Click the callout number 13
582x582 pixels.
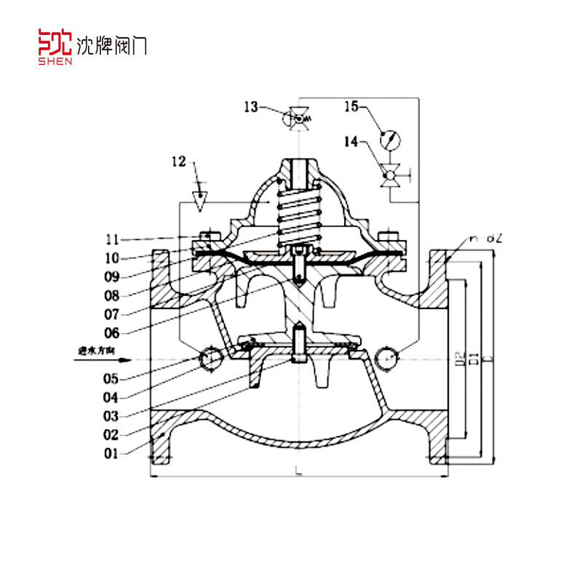[x=251, y=108]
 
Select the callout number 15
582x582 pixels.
[x=351, y=108]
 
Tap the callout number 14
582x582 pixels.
[x=351, y=143]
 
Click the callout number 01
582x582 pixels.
[x=111, y=454]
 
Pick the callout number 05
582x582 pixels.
[x=111, y=378]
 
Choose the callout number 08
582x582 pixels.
[x=111, y=296]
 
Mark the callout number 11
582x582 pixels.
[x=111, y=239]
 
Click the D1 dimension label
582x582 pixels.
[x=473, y=356]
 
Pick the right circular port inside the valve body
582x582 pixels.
[x=389, y=357]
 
